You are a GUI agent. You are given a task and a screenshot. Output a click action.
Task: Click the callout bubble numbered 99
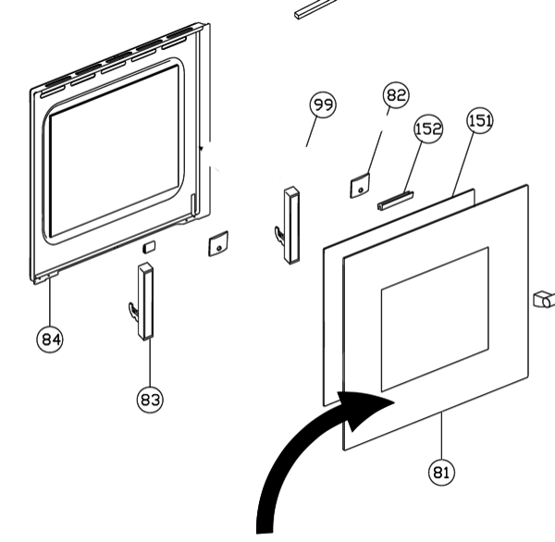(x=322, y=106)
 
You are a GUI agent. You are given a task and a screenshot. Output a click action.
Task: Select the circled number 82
(x=396, y=95)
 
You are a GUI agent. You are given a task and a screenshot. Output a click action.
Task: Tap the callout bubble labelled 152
(x=428, y=129)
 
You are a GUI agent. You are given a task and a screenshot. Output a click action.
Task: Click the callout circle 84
(x=51, y=339)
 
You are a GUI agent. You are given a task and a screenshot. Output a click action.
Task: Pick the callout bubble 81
(x=442, y=472)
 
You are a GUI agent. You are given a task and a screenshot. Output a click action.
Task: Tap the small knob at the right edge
(x=543, y=300)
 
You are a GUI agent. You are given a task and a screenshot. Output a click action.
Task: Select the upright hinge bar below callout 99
(x=292, y=224)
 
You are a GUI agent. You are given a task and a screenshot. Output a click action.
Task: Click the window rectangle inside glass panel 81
(x=435, y=319)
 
